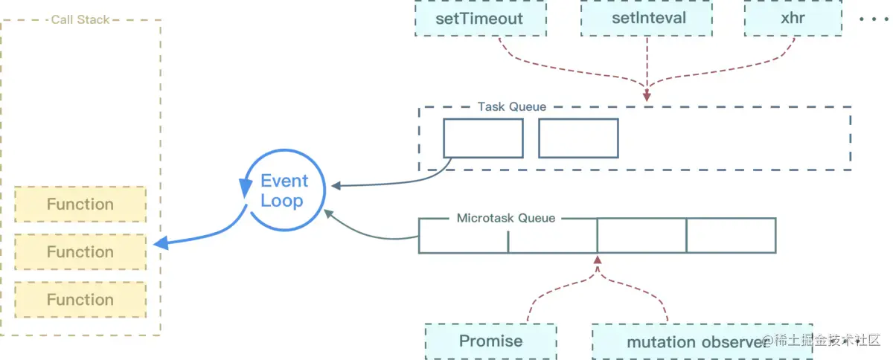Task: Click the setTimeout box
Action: tap(480, 18)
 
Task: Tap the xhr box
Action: tap(793, 18)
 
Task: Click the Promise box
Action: tap(490, 341)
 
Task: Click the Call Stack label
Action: tap(80, 20)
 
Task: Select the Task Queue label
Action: tap(512, 107)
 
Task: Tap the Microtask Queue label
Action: tap(506, 218)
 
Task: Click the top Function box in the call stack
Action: tap(80, 205)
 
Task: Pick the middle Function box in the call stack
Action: tap(80, 252)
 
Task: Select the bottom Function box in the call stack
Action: tap(80, 300)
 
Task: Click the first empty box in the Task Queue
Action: tap(483, 138)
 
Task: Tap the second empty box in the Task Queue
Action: tap(578, 138)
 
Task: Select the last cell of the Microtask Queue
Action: tap(731, 236)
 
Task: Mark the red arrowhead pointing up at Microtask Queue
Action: tap(598, 260)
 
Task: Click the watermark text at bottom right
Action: tap(822, 341)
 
